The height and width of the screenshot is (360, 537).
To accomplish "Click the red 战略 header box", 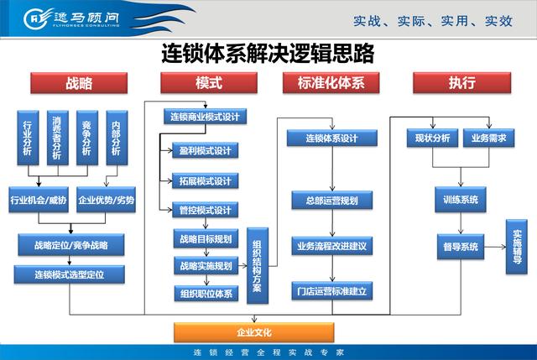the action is pos(79,83).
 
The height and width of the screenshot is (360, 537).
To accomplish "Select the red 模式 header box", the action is pos(209,83).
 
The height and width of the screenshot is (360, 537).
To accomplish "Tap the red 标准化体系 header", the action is pos(331,83).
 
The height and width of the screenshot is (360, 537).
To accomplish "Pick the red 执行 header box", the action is pos(461,83).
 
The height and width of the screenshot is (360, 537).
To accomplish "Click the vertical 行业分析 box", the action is pos(28,138).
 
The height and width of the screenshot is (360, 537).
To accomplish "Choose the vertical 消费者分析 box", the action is pos(58,138).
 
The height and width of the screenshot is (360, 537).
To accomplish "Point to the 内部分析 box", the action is pos(117,138).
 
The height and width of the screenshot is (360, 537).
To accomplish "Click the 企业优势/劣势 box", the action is pos(106,200).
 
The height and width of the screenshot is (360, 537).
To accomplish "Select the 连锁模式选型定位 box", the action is pos(69,274).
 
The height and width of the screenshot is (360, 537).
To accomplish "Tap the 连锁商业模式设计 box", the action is pos(205,117).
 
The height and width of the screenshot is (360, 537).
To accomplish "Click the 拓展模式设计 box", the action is pos(205,181).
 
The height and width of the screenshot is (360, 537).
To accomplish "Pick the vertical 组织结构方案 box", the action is pos(258,265).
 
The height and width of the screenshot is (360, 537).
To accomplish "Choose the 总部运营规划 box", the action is pos(332,200).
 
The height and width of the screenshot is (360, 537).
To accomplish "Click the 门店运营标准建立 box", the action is pos(332,291).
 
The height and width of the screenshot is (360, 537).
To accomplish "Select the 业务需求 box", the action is pos(488,138).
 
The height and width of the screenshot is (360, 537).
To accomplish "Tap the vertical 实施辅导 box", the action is pos(517,247).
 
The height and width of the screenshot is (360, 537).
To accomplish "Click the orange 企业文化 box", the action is pos(253,332).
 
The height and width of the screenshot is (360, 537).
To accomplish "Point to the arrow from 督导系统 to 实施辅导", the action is pos(495,247).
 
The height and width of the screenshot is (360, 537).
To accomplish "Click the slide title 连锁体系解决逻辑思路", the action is pos(268,54).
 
